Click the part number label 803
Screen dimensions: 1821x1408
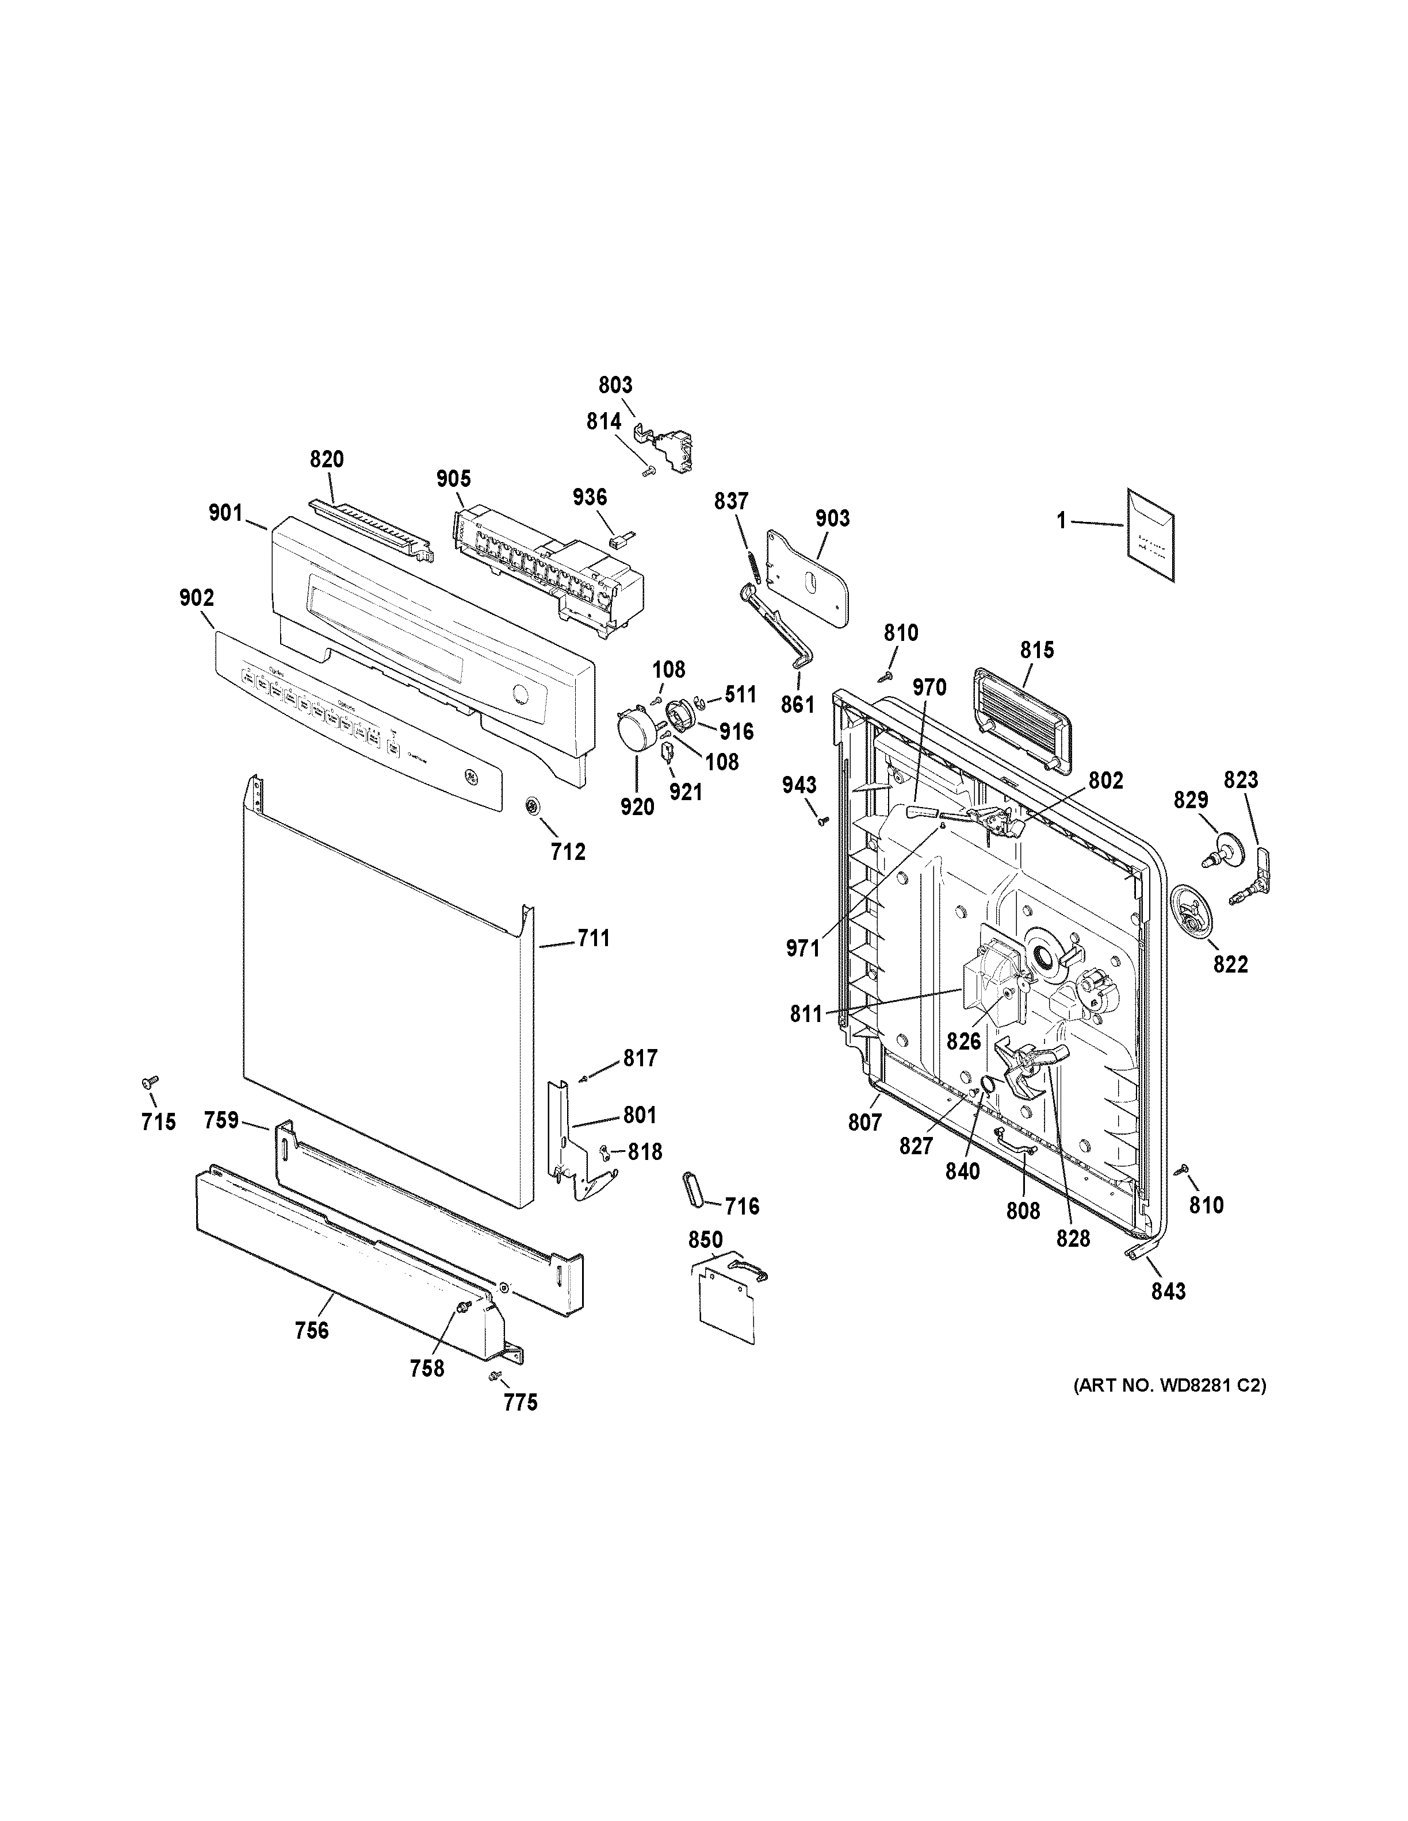pos(615,385)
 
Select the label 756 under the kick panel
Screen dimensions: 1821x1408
pos(312,1331)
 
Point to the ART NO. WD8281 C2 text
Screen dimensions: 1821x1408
pos(1169,1386)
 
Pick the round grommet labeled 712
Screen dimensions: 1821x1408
pos(531,806)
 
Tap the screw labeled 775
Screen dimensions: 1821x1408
pos(495,1375)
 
